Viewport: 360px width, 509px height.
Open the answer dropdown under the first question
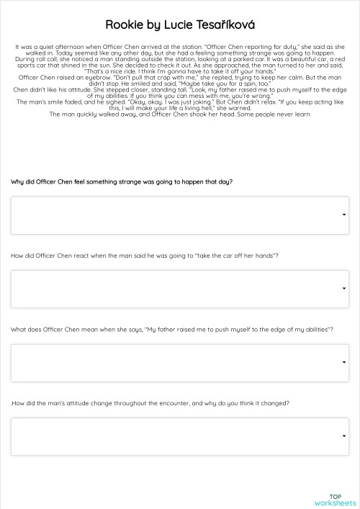[x=179, y=215]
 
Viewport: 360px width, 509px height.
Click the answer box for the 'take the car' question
[x=179, y=289]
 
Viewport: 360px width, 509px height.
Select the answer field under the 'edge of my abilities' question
[x=179, y=363]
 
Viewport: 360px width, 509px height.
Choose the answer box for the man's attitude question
[x=179, y=437]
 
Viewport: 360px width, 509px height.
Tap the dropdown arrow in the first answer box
[x=344, y=215]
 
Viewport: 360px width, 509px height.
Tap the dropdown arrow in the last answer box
[x=344, y=437]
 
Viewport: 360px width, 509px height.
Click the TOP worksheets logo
[x=335, y=500]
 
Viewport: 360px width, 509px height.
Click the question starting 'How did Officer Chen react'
[x=145, y=256]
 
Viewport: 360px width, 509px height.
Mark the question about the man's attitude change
[x=150, y=403]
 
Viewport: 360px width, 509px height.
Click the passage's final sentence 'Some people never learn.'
[x=281, y=114]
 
